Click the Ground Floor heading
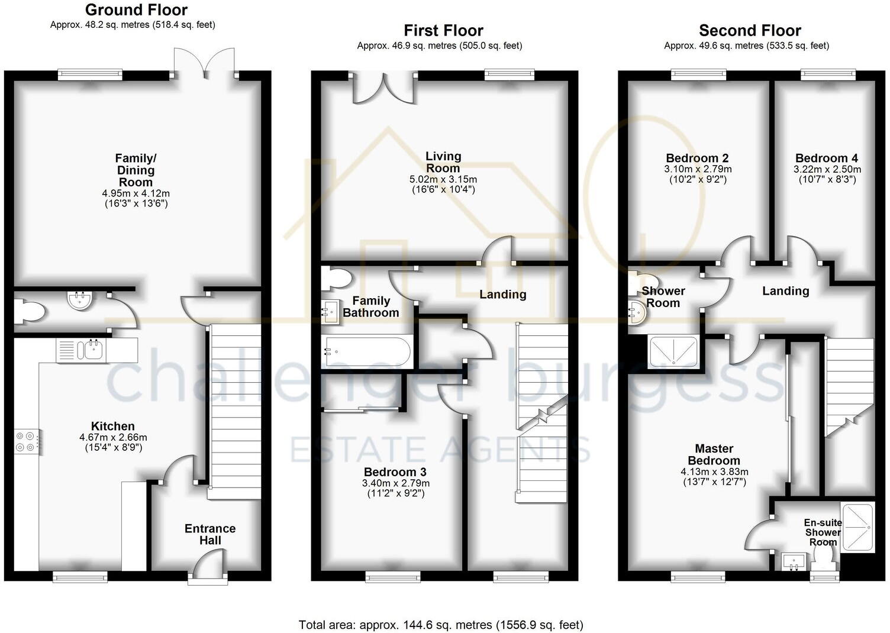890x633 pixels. (x=136, y=10)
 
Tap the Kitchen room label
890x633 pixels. (x=112, y=426)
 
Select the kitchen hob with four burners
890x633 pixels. (x=27, y=441)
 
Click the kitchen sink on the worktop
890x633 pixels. (x=92, y=350)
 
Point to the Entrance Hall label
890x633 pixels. (x=210, y=534)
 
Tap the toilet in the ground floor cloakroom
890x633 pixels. (x=30, y=312)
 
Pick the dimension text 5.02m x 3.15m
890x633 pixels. (x=443, y=179)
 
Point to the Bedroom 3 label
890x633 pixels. (x=395, y=472)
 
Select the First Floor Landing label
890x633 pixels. (x=502, y=294)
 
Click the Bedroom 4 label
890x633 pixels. (x=826, y=158)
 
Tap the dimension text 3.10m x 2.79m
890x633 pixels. (x=697, y=169)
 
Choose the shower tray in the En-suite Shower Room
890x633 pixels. (x=857, y=527)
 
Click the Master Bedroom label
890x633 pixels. (x=714, y=454)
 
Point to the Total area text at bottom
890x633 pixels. (x=441, y=625)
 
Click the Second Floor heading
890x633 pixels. (x=750, y=30)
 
